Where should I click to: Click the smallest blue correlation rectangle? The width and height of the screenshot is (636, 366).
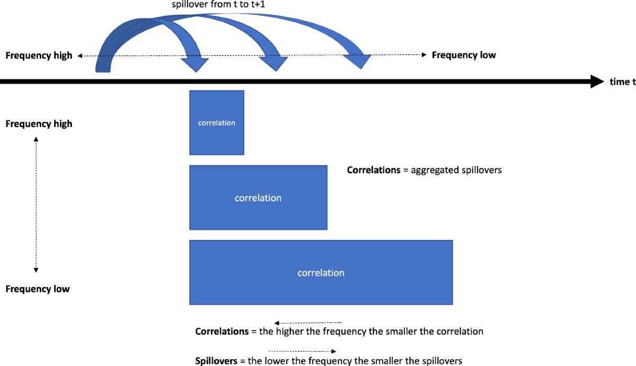pyautogui.click(x=216, y=122)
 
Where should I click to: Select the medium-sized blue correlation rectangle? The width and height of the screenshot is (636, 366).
pyautogui.click(x=258, y=198)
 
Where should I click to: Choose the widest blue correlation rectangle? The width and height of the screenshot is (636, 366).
pyautogui.click(x=321, y=272)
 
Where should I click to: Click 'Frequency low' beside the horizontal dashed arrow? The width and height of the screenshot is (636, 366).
pyautogui.click(x=464, y=55)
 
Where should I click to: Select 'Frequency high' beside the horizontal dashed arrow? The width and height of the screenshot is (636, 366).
pyautogui.click(x=39, y=56)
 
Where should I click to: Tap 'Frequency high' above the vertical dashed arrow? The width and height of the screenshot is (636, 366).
pyautogui.click(x=39, y=124)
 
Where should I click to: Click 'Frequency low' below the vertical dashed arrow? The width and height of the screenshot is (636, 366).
pyautogui.click(x=38, y=289)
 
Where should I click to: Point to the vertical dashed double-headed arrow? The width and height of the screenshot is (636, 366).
pyautogui.click(x=36, y=204)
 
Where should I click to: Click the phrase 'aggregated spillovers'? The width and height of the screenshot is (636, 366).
pyautogui.click(x=456, y=171)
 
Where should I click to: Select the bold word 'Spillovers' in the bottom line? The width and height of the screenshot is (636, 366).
pyautogui.click(x=217, y=361)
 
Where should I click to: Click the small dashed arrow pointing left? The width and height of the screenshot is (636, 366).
pyautogui.click(x=308, y=322)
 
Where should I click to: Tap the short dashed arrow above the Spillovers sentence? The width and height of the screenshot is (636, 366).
pyautogui.click(x=302, y=351)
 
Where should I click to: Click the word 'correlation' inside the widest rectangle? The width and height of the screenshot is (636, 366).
pyautogui.click(x=321, y=273)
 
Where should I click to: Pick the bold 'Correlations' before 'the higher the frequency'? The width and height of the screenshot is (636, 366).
pyautogui.click(x=222, y=332)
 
